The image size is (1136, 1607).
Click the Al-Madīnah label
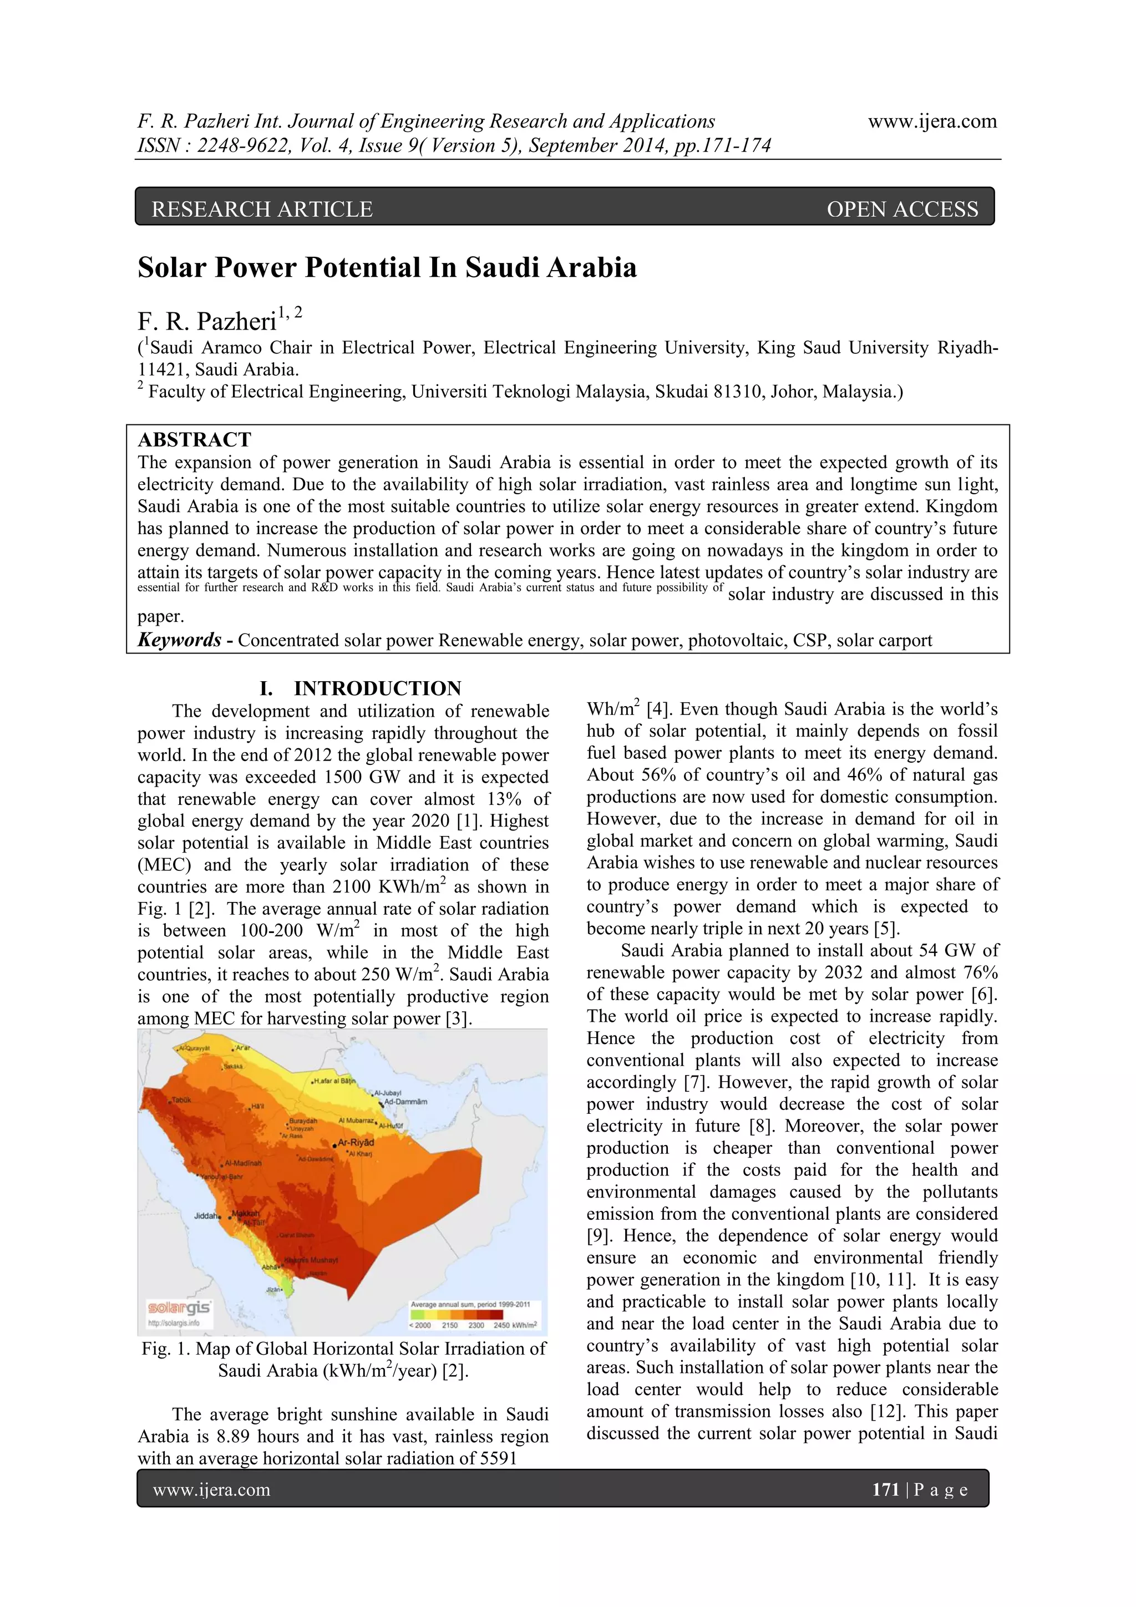point(243,1163)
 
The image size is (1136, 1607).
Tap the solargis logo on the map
point(179,1307)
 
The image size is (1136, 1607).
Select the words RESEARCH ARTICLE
point(262,209)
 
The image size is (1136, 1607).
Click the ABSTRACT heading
point(194,439)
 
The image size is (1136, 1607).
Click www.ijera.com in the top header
point(932,121)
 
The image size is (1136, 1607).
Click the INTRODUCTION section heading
point(377,688)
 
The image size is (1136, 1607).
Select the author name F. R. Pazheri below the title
point(207,321)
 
